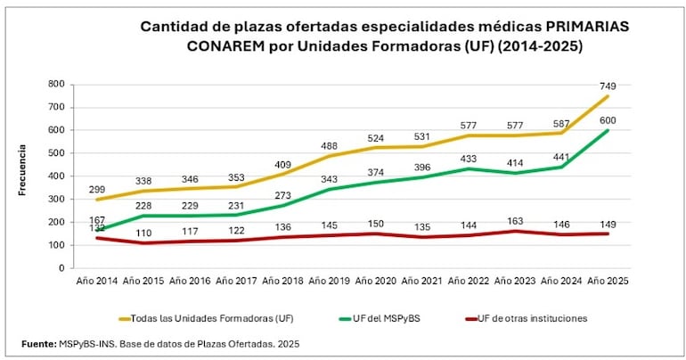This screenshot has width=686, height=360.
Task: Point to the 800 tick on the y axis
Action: pos(58,84)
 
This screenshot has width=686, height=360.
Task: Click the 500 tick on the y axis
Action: pos(58,152)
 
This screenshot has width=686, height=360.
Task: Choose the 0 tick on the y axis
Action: pos(63,267)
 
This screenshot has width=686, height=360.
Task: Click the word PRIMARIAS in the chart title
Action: pos(584,27)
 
